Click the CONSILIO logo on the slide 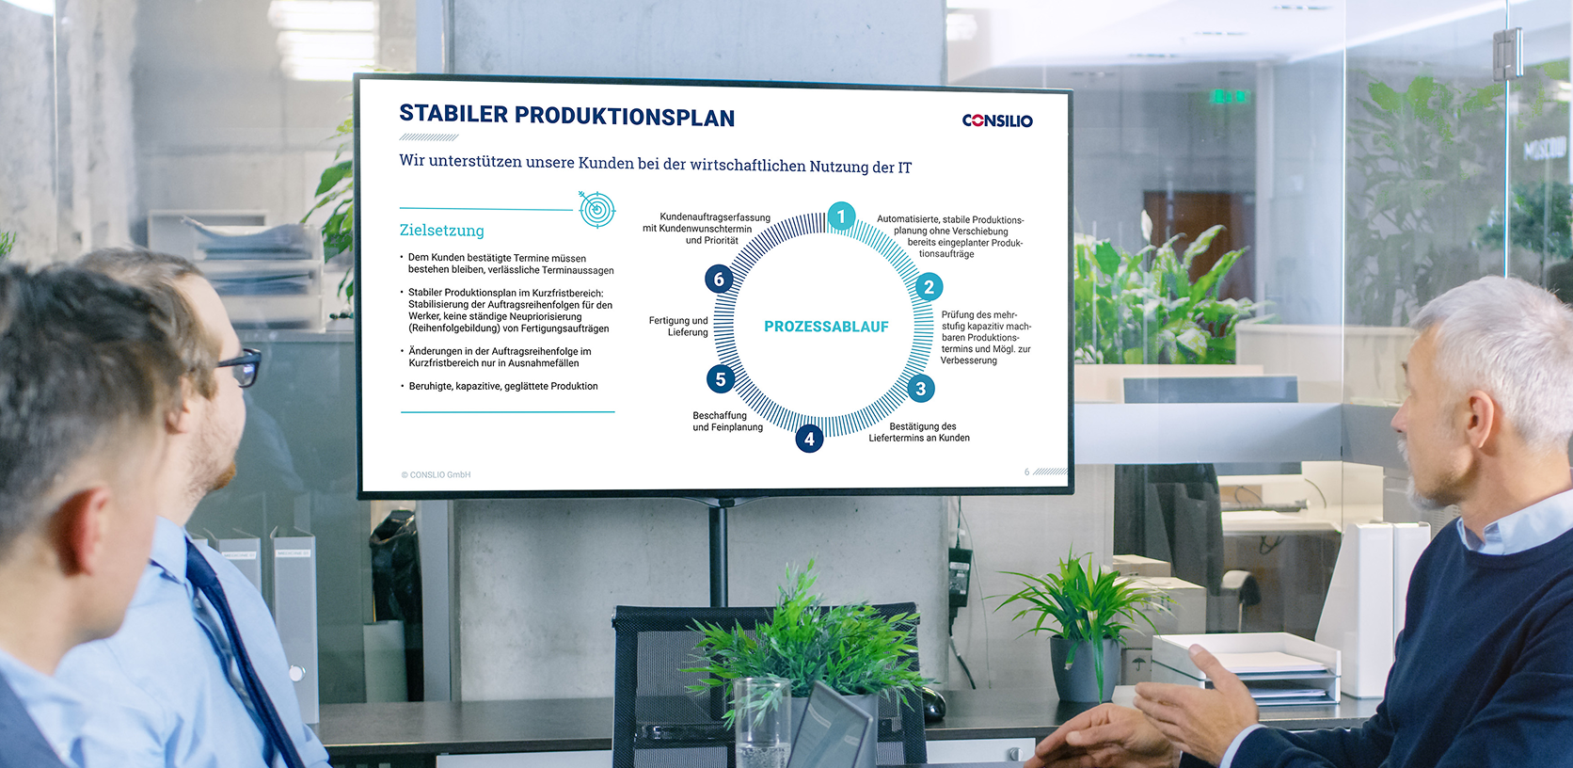(x=997, y=120)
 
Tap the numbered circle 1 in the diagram (x=840, y=216)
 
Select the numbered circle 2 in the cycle (x=929, y=287)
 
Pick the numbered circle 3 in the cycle (x=921, y=389)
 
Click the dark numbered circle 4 (x=809, y=439)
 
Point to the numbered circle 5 (x=721, y=379)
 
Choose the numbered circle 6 (x=719, y=279)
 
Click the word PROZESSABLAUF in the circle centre (x=826, y=326)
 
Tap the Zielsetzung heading (x=442, y=231)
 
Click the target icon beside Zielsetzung (x=596, y=209)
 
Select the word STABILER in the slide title (x=453, y=114)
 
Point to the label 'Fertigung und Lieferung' (x=678, y=326)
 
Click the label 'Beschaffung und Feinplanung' (x=727, y=421)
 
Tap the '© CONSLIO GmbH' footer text (x=437, y=475)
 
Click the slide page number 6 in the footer (x=1026, y=472)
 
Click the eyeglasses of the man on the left (x=240, y=367)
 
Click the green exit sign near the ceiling (x=1229, y=96)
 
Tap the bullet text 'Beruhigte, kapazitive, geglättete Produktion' (x=503, y=387)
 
